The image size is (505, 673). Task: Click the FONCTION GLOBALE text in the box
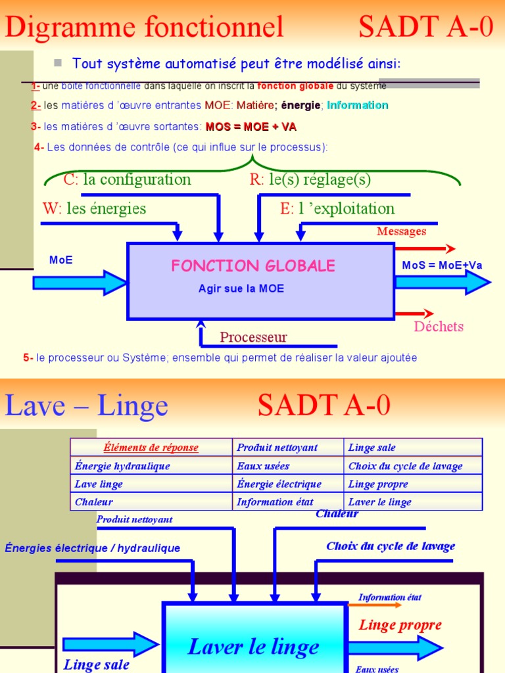click(253, 266)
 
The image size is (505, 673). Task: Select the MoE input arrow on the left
click(79, 283)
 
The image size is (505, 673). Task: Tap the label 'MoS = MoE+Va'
click(442, 266)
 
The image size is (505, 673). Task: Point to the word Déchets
click(439, 327)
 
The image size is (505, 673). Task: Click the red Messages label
click(401, 231)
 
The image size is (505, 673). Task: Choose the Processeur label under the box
click(253, 338)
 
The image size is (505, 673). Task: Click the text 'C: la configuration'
click(127, 179)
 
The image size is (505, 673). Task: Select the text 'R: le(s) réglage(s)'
click(310, 179)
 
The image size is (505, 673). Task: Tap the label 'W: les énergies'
click(94, 209)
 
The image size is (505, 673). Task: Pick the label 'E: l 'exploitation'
click(337, 209)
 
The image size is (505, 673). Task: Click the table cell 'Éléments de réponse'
click(151, 448)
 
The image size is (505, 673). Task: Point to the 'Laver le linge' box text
click(254, 647)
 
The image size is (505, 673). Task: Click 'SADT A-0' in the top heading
click(426, 28)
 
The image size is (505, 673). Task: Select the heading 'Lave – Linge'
click(86, 406)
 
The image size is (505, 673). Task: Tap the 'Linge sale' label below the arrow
click(97, 664)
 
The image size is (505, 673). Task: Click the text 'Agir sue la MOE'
click(241, 289)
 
